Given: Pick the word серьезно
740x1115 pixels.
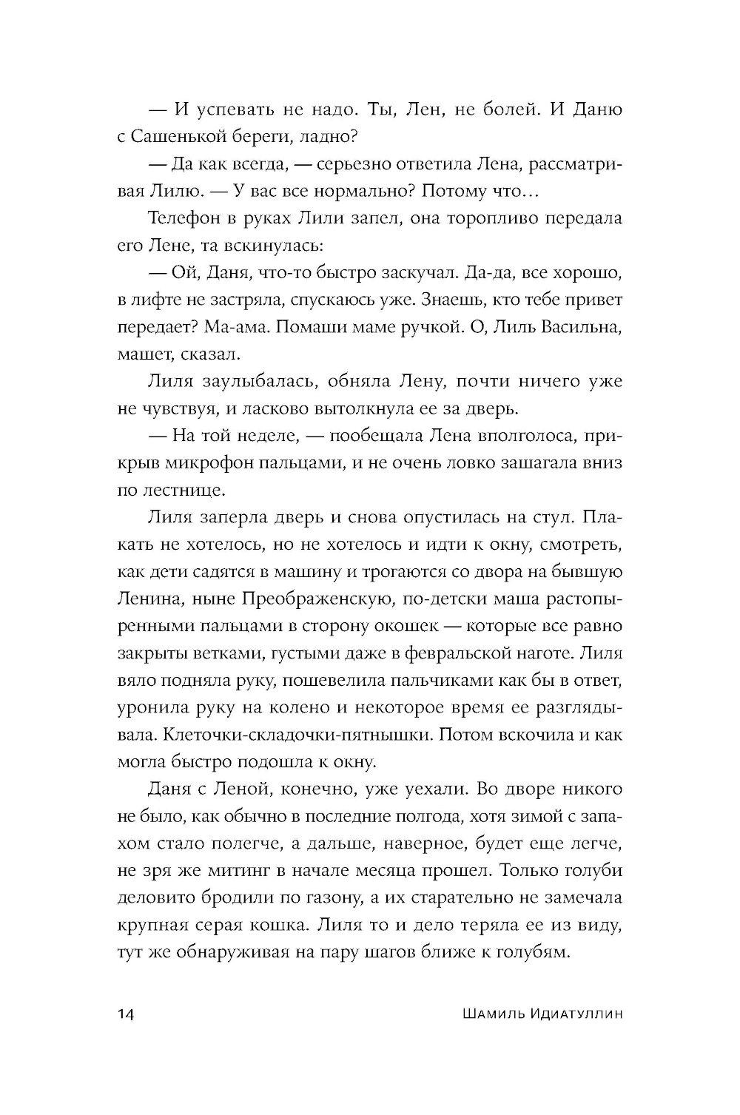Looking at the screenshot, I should pyautogui.click(x=392, y=164).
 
